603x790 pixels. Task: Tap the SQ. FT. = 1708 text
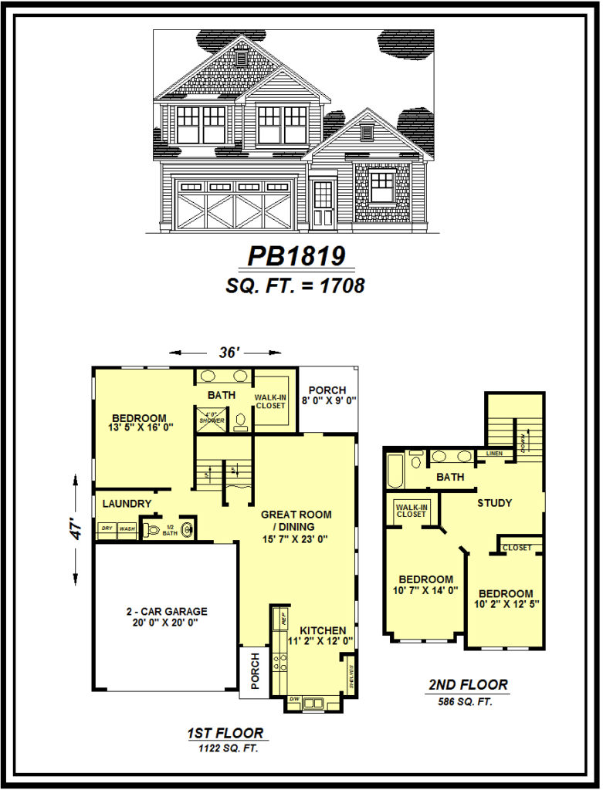(x=295, y=285)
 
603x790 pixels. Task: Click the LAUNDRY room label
(x=127, y=504)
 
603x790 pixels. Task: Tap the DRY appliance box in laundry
(x=107, y=529)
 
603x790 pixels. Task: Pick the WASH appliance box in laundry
(x=127, y=529)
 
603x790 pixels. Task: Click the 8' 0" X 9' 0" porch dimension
(x=328, y=400)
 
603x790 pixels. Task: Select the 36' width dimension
(x=227, y=352)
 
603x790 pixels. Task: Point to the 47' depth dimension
(x=76, y=532)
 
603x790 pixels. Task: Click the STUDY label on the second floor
(x=494, y=503)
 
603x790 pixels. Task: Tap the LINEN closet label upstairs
(x=494, y=454)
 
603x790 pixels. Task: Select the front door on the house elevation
(x=324, y=203)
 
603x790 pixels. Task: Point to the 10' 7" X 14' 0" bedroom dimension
(x=425, y=590)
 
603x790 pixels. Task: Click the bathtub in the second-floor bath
(x=395, y=471)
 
